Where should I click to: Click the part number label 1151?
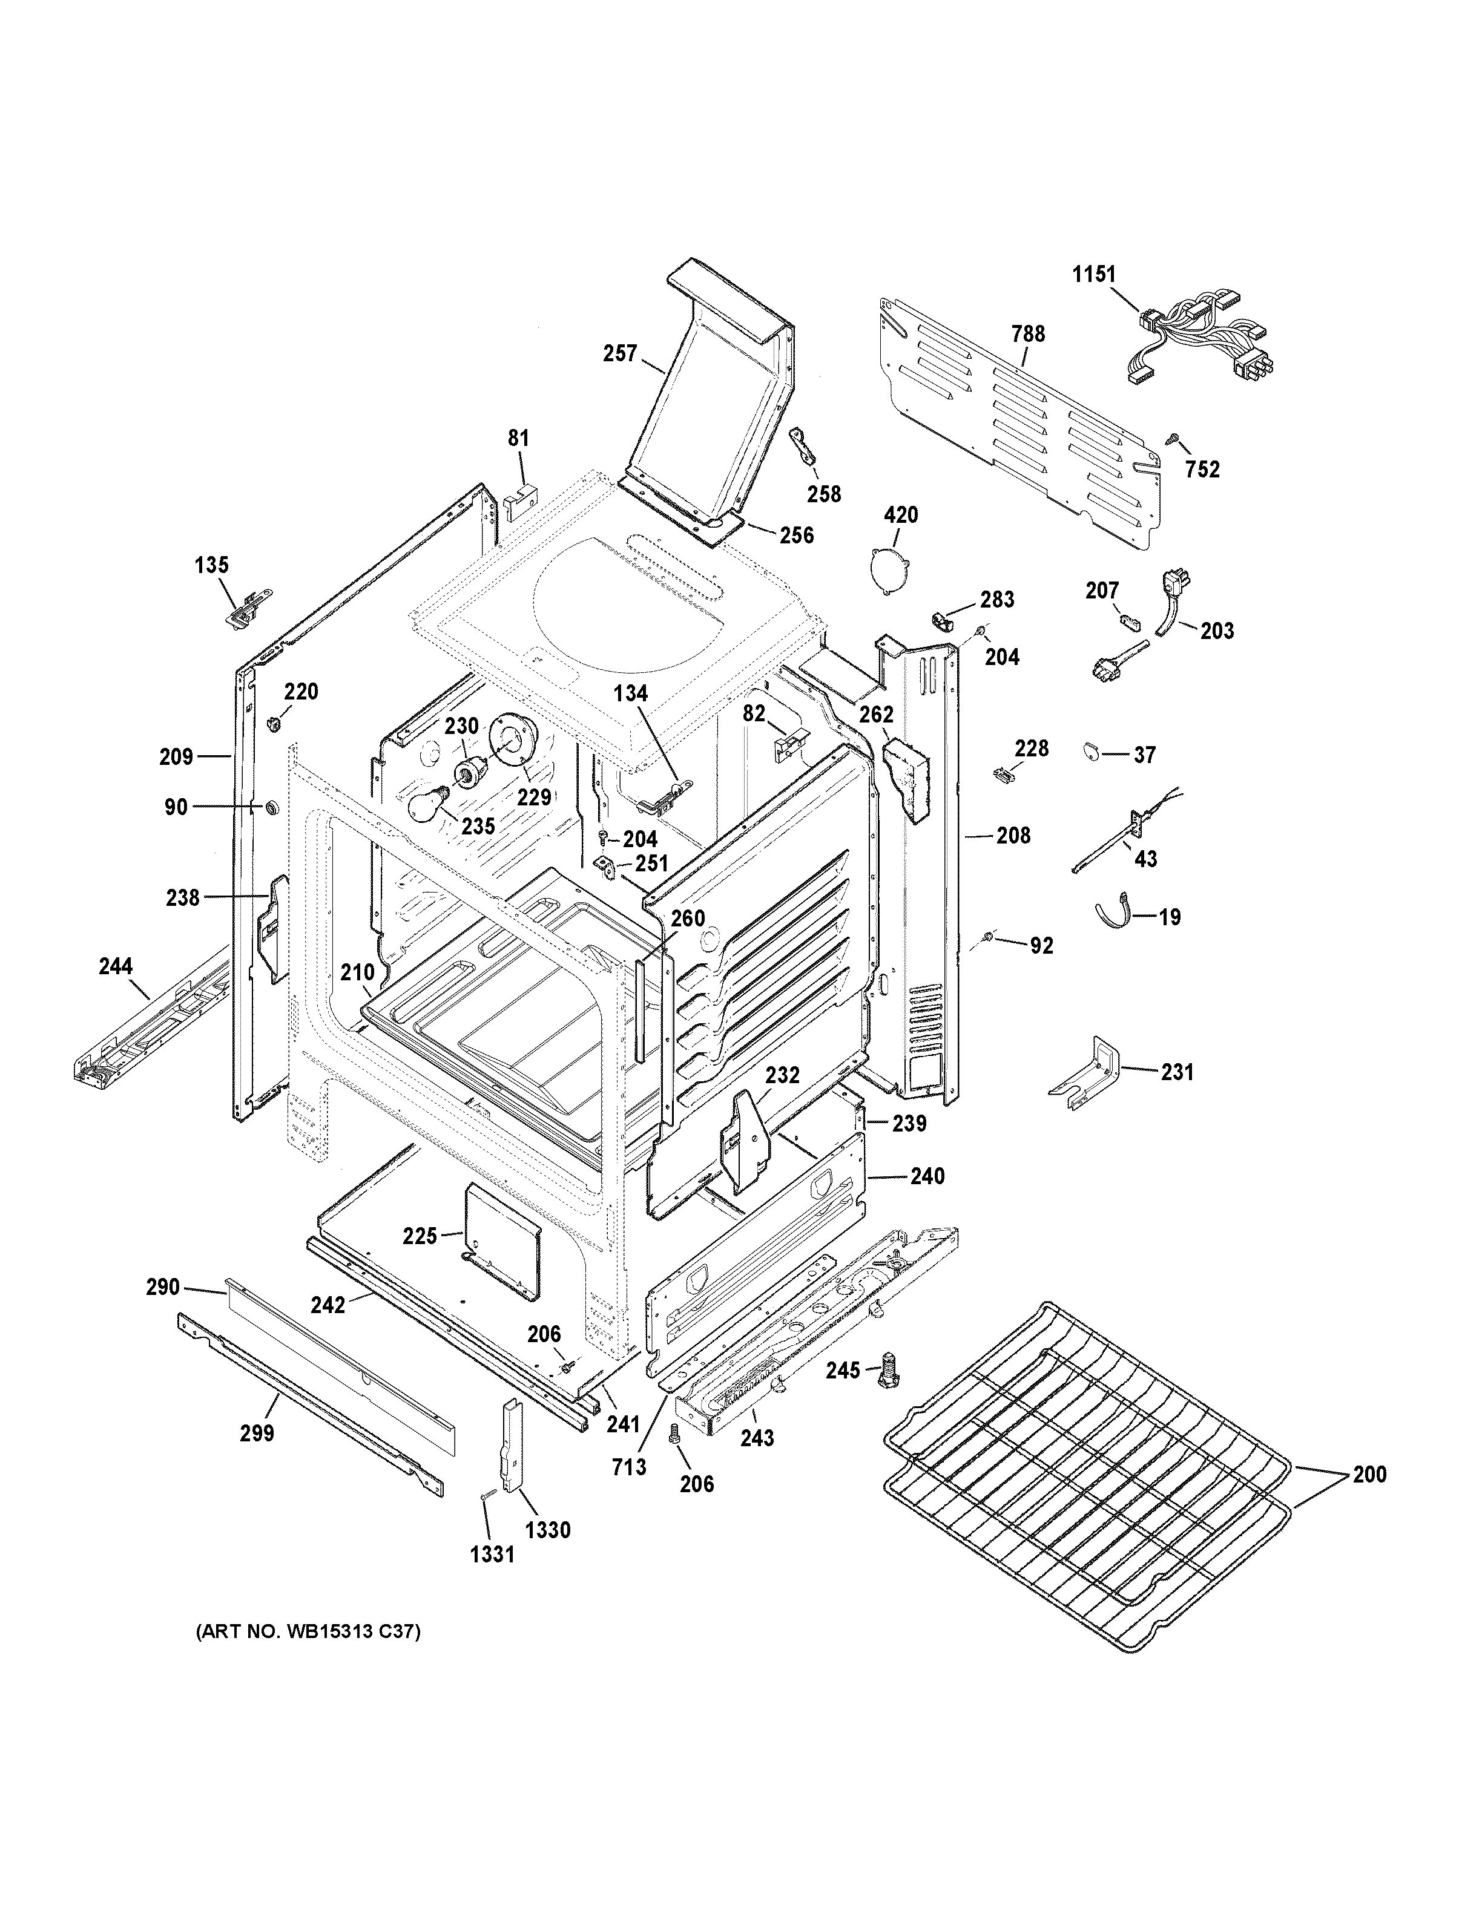1094,274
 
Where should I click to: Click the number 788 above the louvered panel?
1028,333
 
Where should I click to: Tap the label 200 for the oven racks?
1369,1473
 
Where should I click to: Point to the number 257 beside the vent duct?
620,354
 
